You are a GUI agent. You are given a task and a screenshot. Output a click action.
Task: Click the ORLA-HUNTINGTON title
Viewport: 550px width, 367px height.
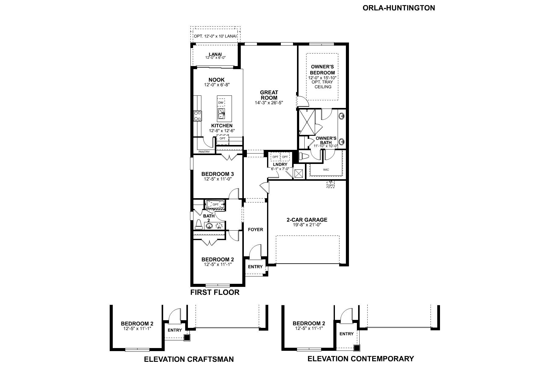coord(399,8)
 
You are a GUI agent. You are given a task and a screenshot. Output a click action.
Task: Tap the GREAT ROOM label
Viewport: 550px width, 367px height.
coord(269,95)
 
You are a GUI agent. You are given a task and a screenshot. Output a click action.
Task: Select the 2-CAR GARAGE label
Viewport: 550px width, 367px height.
coord(307,220)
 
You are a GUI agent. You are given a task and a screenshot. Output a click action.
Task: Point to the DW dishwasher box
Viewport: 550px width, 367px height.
coord(221,102)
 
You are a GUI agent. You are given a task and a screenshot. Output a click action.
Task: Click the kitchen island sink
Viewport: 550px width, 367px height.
coord(221,113)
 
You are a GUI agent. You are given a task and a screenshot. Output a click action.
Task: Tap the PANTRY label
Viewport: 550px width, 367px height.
coord(204,152)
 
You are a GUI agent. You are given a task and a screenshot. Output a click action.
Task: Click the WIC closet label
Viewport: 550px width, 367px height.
coord(326,170)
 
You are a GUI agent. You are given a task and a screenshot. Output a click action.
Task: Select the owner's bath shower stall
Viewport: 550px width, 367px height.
coord(307,122)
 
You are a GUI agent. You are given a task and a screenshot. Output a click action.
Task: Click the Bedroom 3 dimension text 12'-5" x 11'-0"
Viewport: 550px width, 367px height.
coord(218,179)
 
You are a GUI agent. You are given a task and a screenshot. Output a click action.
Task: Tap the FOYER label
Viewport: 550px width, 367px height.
coord(255,229)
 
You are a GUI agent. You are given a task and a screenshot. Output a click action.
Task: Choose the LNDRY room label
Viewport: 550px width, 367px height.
coord(280,165)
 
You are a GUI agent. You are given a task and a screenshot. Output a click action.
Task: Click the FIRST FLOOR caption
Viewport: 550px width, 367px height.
coord(215,292)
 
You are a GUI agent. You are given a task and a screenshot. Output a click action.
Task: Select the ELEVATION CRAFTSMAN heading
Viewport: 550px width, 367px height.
coord(189,359)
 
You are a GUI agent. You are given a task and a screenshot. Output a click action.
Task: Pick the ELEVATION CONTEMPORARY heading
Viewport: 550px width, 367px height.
coord(361,359)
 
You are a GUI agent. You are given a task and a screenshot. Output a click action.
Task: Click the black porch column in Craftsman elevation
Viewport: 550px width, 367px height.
coord(187,338)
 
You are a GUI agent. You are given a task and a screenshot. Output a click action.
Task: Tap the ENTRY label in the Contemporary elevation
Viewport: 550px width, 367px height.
coord(346,334)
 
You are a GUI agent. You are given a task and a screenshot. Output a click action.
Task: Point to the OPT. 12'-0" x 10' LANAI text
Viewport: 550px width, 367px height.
coord(215,36)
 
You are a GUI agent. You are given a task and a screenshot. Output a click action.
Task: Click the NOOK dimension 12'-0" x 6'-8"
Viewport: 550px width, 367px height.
coord(217,84)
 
